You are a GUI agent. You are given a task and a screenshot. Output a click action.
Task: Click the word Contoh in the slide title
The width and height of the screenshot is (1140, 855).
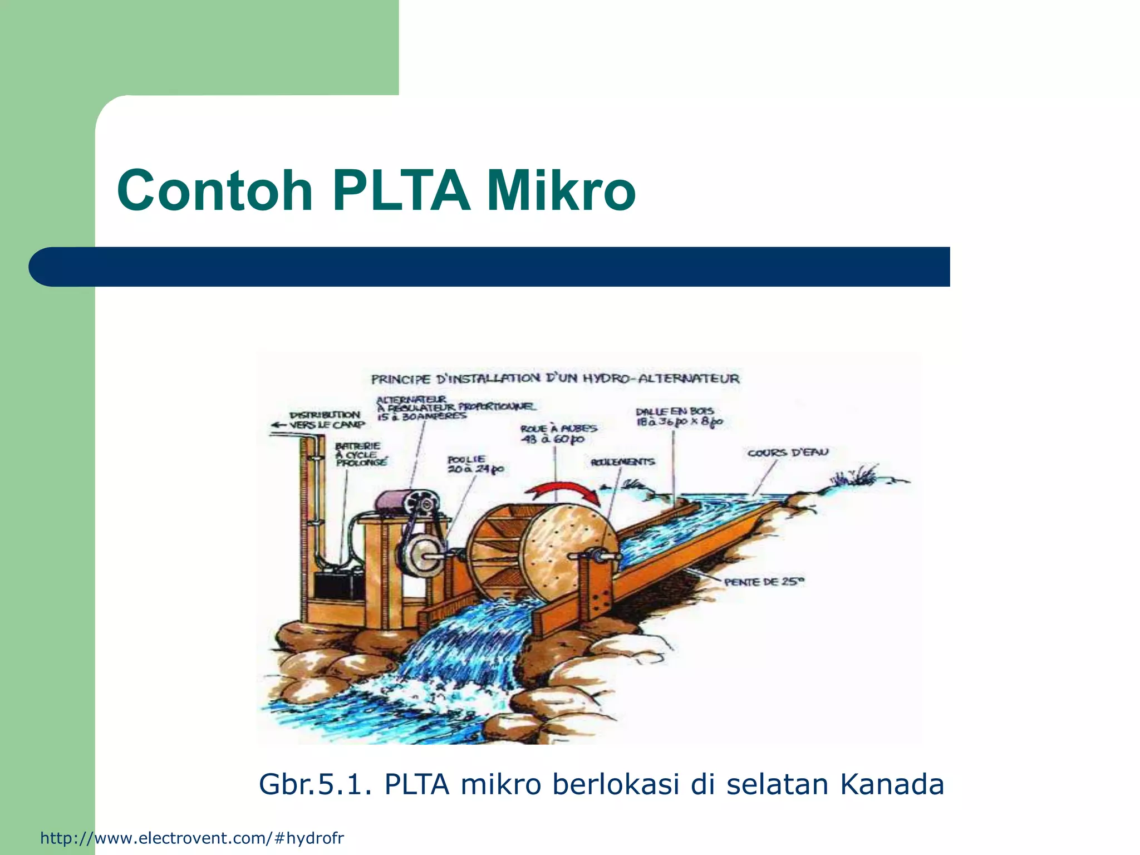[215, 191]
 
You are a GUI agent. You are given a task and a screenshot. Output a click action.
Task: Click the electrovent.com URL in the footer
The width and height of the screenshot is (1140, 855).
[192, 838]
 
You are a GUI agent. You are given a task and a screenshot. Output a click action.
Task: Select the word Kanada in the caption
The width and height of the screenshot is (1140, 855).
[892, 784]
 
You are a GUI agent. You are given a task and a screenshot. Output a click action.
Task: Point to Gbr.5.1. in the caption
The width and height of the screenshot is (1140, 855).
[315, 784]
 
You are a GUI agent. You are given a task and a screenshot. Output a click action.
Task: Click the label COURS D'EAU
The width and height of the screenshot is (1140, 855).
[788, 453]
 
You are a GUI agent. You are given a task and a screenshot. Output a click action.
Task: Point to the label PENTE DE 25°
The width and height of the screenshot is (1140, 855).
[764, 582]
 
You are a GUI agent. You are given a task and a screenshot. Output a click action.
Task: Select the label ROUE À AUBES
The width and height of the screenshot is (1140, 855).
[558, 434]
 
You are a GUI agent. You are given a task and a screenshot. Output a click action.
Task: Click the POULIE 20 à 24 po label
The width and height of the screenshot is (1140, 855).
[475, 465]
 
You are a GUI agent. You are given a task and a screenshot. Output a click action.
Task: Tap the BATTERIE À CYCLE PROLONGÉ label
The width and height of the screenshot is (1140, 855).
[359, 454]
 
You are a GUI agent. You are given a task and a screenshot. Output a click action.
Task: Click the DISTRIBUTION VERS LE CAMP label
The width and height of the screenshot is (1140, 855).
[323, 420]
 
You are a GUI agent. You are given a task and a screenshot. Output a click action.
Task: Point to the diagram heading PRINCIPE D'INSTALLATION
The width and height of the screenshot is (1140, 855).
[555, 379]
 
